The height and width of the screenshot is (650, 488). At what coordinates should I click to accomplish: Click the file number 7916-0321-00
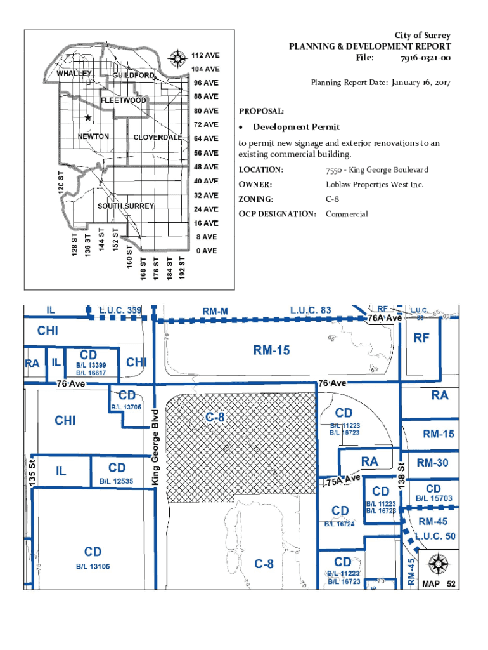(x=425, y=58)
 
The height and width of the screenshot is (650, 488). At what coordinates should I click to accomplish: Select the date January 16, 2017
(x=420, y=83)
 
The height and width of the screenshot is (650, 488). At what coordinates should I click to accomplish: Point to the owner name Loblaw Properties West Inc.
(x=375, y=185)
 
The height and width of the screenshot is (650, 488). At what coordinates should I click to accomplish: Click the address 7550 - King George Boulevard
(x=376, y=169)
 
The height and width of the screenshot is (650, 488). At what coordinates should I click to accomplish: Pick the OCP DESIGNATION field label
(x=277, y=214)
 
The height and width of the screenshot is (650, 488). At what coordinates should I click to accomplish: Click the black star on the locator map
(x=87, y=118)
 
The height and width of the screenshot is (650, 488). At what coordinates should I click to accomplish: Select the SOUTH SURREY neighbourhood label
(x=125, y=206)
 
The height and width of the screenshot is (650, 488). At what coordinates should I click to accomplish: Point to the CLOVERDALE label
(x=158, y=138)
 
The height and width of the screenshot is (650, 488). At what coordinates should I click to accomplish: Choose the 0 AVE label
(x=206, y=251)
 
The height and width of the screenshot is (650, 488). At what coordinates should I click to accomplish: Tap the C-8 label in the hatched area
(x=214, y=418)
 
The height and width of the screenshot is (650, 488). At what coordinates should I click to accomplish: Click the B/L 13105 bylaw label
(x=93, y=566)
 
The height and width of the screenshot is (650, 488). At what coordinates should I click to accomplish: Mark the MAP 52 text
(x=439, y=583)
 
